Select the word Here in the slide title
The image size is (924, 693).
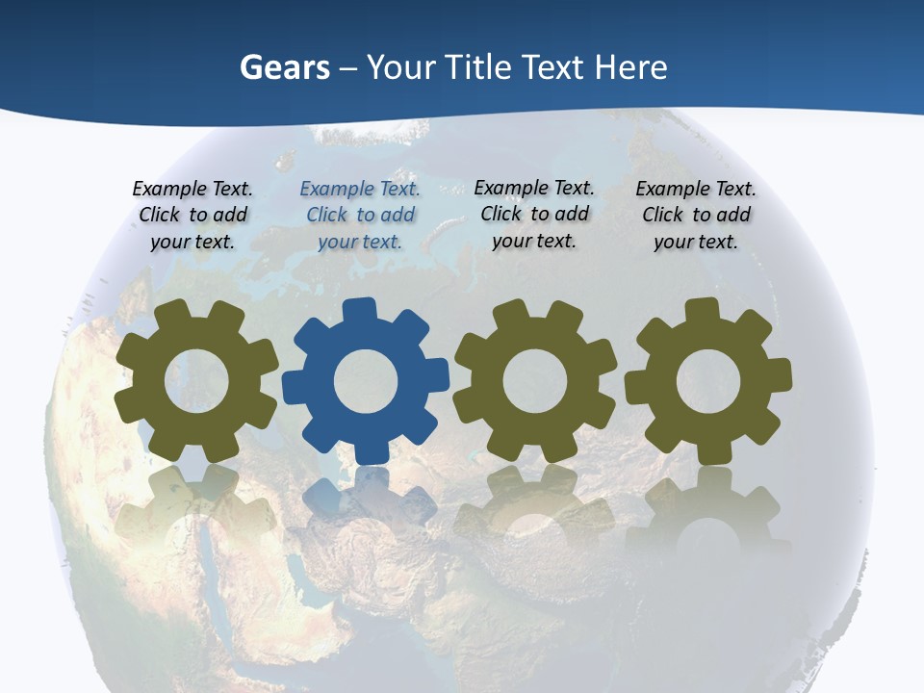tap(630, 67)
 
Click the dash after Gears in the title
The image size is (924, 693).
tap(349, 68)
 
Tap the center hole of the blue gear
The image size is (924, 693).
tap(366, 381)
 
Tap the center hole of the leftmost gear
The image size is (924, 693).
tap(196, 381)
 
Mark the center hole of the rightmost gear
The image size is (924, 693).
tap(708, 381)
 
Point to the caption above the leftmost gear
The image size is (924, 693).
tap(192, 215)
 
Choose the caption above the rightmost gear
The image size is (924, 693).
tap(696, 215)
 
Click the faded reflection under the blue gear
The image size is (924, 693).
tap(366, 505)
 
